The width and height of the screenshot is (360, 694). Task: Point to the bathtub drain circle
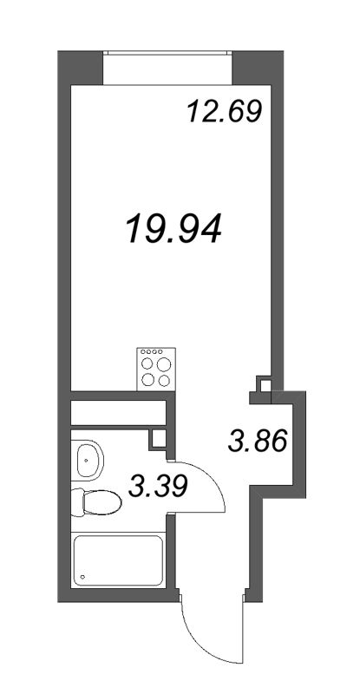point(82,575)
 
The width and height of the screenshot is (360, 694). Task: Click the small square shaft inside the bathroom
point(157,437)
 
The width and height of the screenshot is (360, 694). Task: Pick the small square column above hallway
point(263,383)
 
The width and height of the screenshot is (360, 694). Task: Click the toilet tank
point(77,502)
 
